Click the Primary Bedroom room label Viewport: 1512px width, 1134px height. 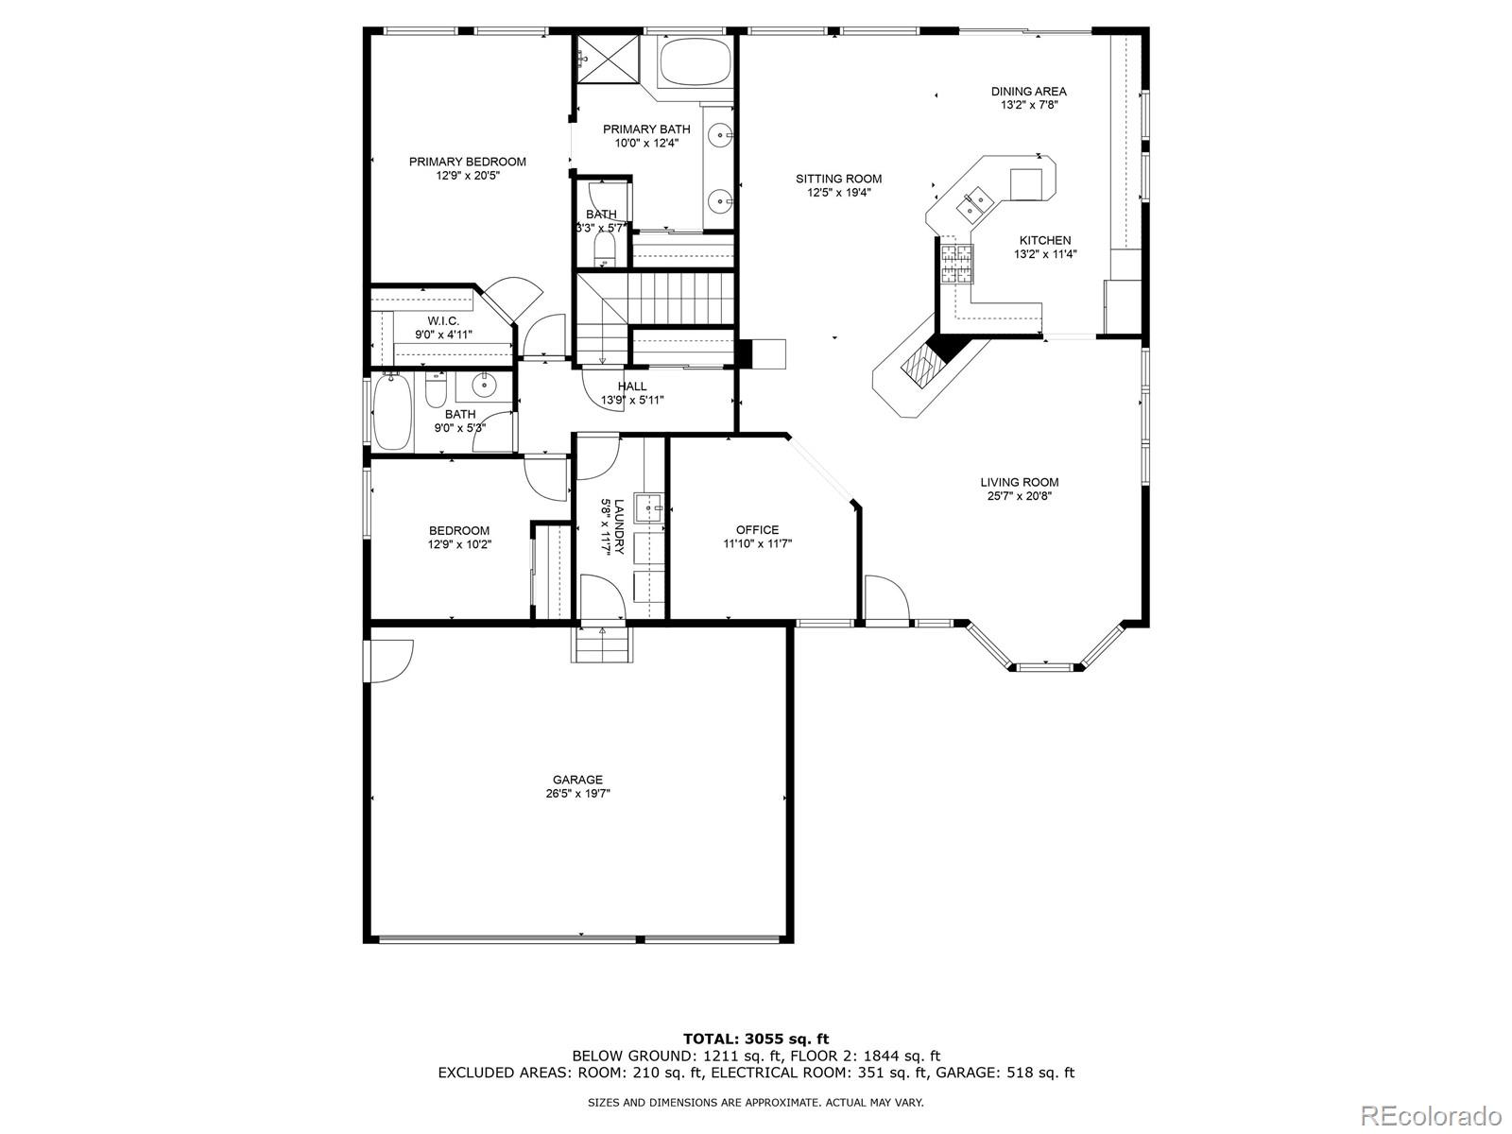coord(467,162)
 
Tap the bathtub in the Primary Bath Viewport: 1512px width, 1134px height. coord(696,61)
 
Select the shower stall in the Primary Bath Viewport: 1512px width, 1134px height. coord(607,59)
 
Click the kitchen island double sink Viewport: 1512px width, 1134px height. coord(974,201)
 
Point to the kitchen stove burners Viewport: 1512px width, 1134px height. coord(954,264)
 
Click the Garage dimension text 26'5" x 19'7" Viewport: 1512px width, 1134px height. coord(577,794)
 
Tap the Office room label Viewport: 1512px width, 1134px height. coord(757,530)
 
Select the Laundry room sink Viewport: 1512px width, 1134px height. coord(650,507)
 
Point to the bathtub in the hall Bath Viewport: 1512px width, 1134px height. coord(391,414)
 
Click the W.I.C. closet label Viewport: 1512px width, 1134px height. coord(443,321)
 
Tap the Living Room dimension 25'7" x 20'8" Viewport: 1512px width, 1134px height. coord(1019,495)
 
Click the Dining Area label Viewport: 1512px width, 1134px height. coord(1028,92)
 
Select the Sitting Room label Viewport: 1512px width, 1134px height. coord(838,179)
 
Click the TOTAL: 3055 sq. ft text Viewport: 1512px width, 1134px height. coord(756,1039)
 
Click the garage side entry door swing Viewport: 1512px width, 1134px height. coord(390,658)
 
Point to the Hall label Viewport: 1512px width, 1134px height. coord(632,386)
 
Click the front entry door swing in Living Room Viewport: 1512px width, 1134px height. coord(886,596)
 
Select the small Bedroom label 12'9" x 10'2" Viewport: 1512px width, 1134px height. coord(458,531)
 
